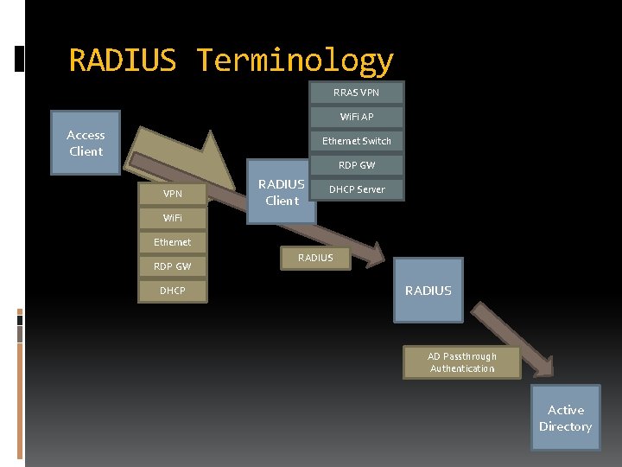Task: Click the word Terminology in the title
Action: coord(295,61)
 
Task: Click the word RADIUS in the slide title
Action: coord(122,61)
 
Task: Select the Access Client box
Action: coord(86,143)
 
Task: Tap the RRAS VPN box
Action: coord(356,92)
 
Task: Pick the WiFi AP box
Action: coord(356,116)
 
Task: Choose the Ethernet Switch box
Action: coord(356,140)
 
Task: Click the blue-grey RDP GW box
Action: coord(356,164)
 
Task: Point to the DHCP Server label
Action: coord(357,189)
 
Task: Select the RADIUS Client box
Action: coord(281,192)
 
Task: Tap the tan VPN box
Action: coord(173,193)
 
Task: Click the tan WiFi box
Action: coord(173,217)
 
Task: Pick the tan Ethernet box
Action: coord(173,242)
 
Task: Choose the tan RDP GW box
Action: coord(173,266)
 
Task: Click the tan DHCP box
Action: coord(173,291)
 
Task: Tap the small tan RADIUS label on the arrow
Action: coord(315,258)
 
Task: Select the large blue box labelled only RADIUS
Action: coord(428,291)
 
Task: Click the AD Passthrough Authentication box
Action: coord(462,362)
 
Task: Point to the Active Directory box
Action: coord(565,418)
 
